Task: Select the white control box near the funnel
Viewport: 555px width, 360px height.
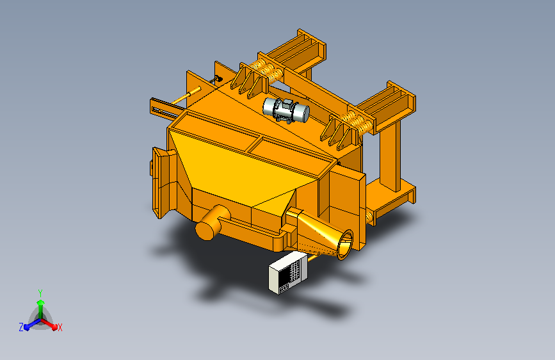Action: pos(288,273)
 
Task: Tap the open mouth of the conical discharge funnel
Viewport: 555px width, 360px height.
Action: pos(345,245)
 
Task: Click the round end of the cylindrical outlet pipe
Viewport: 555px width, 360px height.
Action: pos(206,231)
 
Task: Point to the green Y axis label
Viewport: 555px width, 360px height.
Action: pos(40,293)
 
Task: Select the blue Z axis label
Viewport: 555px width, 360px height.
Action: pos(21,327)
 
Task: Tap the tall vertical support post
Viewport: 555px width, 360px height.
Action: pos(390,156)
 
